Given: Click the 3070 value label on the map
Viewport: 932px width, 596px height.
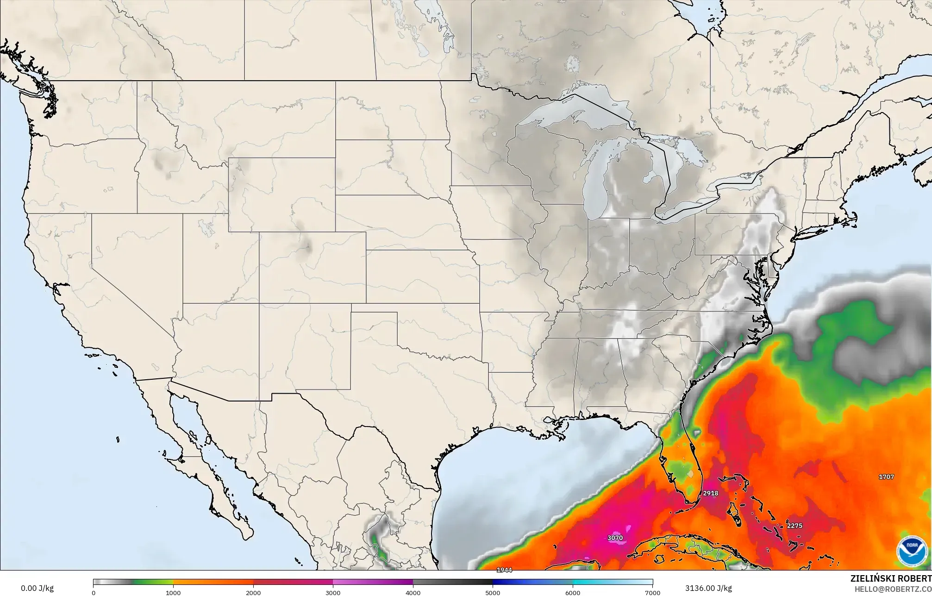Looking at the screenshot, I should tap(615, 538).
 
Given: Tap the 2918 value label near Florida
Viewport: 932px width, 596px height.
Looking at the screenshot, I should tap(710, 493).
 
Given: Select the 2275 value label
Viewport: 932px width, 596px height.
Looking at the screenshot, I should tap(794, 526).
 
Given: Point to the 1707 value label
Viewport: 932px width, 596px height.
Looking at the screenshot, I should tap(886, 477).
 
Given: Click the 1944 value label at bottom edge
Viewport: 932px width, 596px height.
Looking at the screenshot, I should tap(504, 570).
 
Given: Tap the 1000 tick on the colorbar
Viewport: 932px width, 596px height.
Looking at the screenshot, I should tap(173, 592).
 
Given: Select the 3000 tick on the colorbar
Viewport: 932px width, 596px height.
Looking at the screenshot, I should tap(333, 592).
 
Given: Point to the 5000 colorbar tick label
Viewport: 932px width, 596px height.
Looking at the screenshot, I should tap(493, 592).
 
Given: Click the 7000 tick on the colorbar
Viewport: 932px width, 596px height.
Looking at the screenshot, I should tap(652, 592).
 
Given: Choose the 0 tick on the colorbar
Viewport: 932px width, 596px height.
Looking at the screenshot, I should tap(94, 592).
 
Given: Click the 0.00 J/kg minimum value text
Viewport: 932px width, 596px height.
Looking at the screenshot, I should tap(37, 588).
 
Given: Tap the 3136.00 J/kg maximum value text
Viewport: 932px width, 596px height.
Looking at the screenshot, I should tap(708, 588).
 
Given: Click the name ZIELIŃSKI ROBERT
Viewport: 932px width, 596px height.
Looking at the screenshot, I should tap(891, 578).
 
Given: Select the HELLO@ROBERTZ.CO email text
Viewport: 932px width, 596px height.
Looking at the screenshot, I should tap(893, 589).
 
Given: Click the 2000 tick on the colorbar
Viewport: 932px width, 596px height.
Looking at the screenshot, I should tap(253, 592).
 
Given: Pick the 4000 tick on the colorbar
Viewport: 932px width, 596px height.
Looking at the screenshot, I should tap(413, 592).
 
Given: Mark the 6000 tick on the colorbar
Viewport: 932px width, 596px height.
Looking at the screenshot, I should tap(573, 592).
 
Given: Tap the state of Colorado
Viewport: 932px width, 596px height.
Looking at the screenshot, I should tap(313, 267).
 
